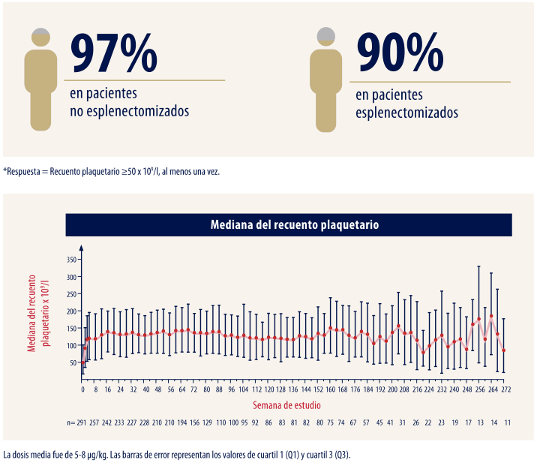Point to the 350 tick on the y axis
click(71, 260)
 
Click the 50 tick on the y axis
click(73, 363)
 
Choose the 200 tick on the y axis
click(71, 311)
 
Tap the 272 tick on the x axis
click(507, 390)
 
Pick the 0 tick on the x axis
click(82, 390)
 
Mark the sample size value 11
click(508, 423)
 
